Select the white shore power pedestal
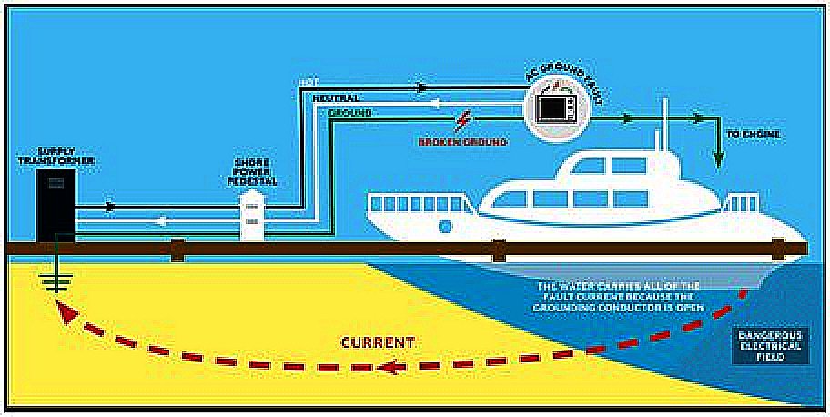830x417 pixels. click(x=251, y=216)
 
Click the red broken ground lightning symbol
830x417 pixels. click(x=465, y=120)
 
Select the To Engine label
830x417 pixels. click(x=751, y=134)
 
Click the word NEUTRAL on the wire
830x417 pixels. click(x=336, y=97)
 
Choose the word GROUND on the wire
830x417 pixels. click(x=349, y=112)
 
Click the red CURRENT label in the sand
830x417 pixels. click(x=378, y=343)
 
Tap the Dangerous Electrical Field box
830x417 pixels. click(x=770, y=345)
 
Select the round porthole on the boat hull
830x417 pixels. click(x=445, y=225)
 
